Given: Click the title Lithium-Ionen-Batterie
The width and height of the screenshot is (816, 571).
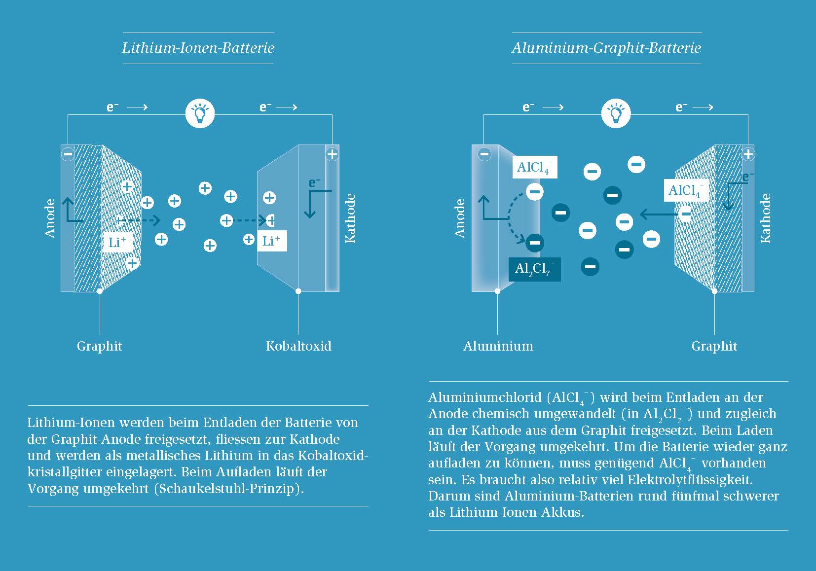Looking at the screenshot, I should pos(198,48).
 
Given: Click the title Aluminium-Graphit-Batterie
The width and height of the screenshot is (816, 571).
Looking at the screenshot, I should pos(606,48).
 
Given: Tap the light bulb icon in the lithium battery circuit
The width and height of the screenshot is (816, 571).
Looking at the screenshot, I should pos(200,113).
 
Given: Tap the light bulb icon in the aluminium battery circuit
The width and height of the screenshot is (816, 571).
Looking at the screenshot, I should pos(616,113).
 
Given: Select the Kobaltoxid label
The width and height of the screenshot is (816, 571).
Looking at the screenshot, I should pos(298,346).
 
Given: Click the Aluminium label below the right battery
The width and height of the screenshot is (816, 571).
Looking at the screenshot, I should pos(498,346).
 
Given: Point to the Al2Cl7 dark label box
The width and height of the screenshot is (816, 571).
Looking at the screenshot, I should pos(534,269).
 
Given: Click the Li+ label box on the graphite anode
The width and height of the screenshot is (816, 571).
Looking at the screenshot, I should pos(117,242).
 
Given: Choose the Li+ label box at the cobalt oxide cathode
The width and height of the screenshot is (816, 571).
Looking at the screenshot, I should pos(271,241).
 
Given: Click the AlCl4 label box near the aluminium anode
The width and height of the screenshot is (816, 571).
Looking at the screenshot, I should pos(534,167).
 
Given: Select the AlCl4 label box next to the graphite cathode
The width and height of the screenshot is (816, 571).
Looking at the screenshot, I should pos(686,190).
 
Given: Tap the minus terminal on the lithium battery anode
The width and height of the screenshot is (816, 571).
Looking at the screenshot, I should pos(68,154).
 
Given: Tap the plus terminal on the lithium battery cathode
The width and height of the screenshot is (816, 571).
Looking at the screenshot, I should pos(332,154).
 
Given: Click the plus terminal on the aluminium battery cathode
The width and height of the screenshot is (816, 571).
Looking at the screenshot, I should pos(748,154).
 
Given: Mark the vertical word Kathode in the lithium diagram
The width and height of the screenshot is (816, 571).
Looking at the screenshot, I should pos(350,218).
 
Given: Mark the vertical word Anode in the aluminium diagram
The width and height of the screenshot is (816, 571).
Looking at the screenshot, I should pos(460,218).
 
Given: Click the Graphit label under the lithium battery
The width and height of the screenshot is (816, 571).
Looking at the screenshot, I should pos(99,346).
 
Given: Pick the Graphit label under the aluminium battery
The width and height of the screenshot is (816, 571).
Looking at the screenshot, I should pos(714,346).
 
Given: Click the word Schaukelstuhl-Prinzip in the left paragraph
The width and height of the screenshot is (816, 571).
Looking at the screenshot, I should pos(228,489).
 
